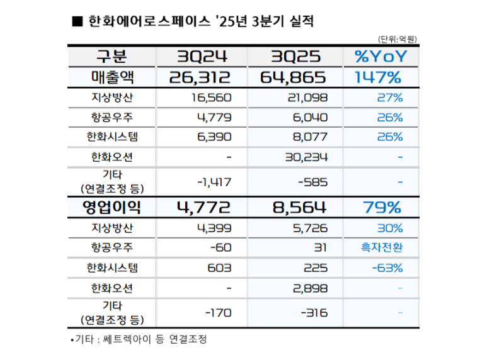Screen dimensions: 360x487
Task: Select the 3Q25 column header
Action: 295,57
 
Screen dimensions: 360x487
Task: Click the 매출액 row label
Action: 112,77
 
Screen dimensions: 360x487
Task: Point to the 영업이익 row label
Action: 112,207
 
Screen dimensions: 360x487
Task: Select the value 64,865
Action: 292,77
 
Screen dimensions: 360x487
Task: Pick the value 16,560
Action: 210,98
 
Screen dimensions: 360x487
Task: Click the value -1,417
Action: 214,182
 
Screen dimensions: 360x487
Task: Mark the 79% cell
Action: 382,207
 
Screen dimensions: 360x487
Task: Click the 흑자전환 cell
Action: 381,247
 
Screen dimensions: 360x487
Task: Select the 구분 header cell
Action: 112,57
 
